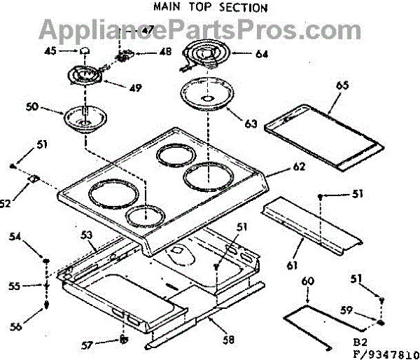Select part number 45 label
click(50, 50)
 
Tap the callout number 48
click(165, 53)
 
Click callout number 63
click(251, 123)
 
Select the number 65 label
click(342, 85)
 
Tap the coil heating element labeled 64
click(208, 55)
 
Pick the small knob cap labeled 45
click(84, 50)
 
